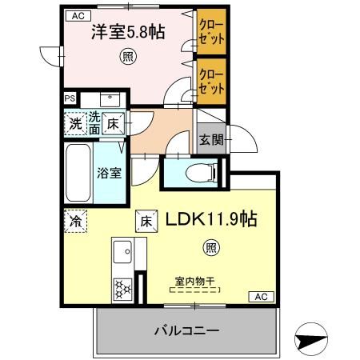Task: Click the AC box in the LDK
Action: pos(260,296)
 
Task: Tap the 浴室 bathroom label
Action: pos(109,172)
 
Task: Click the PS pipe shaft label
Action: pos(70,99)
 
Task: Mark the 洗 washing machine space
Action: pos(74,124)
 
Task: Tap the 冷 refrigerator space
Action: pos(74,217)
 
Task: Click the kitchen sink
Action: pos(124,254)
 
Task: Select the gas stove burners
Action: pos(124,287)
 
